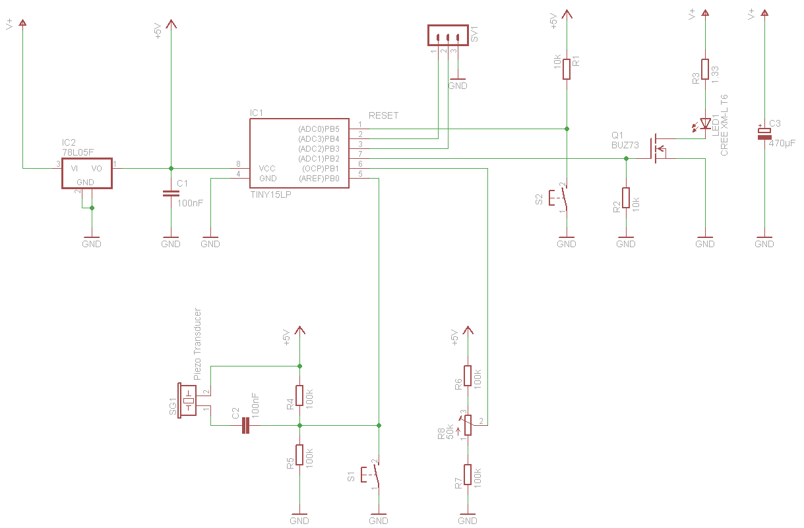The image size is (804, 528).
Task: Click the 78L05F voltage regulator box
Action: click(x=87, y=173)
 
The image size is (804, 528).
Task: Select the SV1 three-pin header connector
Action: click(x=448, y=35)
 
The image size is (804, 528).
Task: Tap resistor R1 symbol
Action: click(x=567, y=69)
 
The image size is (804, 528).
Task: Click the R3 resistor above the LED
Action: click(x=705, y=69)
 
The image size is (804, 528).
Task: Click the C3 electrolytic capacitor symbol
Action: click(x=764, y=133)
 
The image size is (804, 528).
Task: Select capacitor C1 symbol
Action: click(x=171, y=194)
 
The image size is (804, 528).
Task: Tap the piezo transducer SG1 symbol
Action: click(x=187, y=400)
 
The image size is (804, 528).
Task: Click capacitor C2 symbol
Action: click(x=245, y=425)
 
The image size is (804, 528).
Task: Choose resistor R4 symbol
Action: click(x=299, y=396)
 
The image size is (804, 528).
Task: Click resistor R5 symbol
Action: click(x=299, y=455)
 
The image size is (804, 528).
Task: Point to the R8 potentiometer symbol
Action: click(x=468, y=425)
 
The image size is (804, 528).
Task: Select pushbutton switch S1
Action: click(x=371, y=475)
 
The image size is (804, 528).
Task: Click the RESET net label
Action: click(x=383, y=115)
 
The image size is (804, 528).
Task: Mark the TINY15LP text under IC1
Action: click(x=270, y=194)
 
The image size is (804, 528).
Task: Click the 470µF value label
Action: click(x=782, y=144)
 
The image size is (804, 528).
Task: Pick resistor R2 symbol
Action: click(x=626, y=198)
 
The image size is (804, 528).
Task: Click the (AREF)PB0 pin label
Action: click(x=319, y=178)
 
